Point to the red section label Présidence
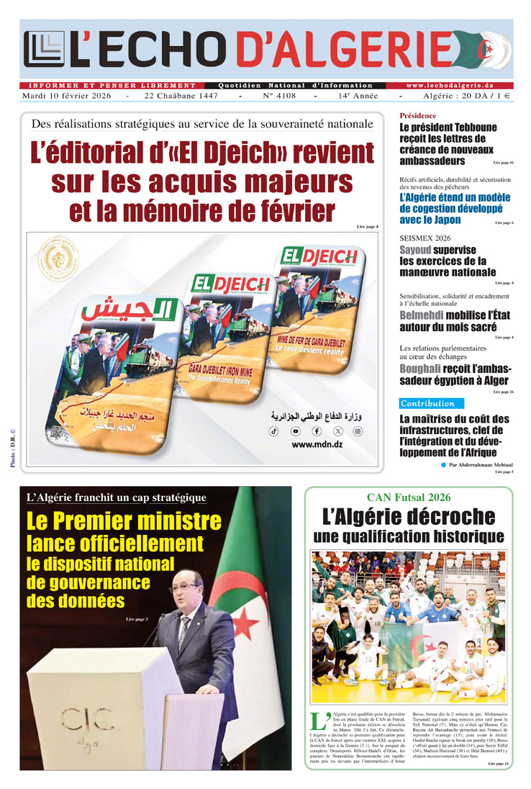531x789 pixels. tap(417, 115)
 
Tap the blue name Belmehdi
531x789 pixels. tap(421, 315)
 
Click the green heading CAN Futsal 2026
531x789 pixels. tap(408, 497)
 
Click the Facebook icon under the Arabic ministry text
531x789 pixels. tap(317, 430)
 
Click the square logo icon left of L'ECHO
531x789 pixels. tap(44, 49)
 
